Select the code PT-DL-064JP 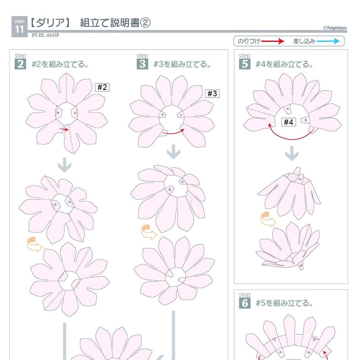[46, 36]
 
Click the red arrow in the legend [273, 41]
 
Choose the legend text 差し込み [304, 41]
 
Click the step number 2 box [20, 64]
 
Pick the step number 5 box [245, 64]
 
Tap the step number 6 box [245, 303]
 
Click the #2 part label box [102, 87]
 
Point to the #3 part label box [212, 94]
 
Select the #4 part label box [288, 122]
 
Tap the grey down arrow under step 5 [292, 155]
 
